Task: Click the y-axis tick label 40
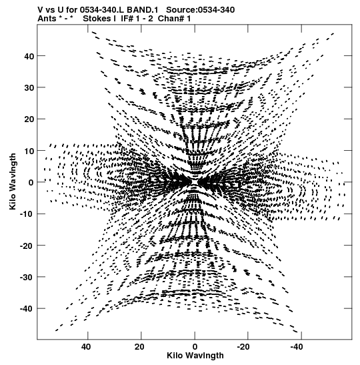click(x=29, y=56)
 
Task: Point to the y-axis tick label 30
click(x=29, y=88)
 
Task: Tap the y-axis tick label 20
click(x=29, y=119)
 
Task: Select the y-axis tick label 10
click(x=29, y=151)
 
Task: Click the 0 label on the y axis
click(x=31, y=182)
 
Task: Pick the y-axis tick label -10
click(x=27, y=214)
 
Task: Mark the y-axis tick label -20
click(x=27, y=246)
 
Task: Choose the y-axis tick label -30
click(x=27, y=277)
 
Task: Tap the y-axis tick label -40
click(x=27, y=309)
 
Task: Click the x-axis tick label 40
click(x=86, y=347)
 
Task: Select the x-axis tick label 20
click(x=139, y=347)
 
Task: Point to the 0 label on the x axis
click(x=195, y=347)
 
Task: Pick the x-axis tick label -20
click(x=243, y=347)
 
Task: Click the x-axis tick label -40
click(x=297, y=347)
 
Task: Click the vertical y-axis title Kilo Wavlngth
click(x=13, y=181)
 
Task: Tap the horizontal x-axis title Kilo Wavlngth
click(x=195, y=356)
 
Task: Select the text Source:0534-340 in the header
click(x=201, y=10)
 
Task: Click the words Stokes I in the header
click(x=99, y=19)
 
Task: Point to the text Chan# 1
click(x=174, y=19)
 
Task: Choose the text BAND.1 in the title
click(x=142, y=10)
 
